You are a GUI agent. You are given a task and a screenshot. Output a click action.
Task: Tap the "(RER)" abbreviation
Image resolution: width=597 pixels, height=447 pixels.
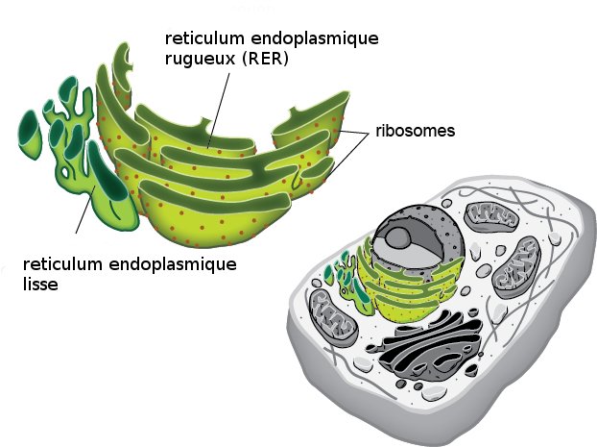[265, 59]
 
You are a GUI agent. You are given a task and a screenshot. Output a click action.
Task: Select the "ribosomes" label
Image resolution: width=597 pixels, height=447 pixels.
[415, 131]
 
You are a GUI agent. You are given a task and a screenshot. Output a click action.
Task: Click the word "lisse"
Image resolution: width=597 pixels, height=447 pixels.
[40, 284]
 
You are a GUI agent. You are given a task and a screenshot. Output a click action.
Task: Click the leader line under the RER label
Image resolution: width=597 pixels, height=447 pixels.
[219, 110]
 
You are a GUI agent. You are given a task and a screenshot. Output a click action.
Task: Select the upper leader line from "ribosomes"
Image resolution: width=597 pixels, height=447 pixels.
[355, 133]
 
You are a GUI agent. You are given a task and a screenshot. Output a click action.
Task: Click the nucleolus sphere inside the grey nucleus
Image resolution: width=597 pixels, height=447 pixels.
[398, 238]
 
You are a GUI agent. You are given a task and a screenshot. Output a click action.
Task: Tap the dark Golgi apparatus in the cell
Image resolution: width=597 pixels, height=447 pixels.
[426, 348]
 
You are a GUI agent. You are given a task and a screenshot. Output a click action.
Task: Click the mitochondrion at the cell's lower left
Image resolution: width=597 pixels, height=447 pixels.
[333, 313]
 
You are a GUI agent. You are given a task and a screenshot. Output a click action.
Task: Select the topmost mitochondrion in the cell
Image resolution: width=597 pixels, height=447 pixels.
[492, 217]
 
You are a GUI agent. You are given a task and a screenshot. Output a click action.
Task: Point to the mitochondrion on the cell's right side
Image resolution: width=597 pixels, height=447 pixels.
[516, 267]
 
